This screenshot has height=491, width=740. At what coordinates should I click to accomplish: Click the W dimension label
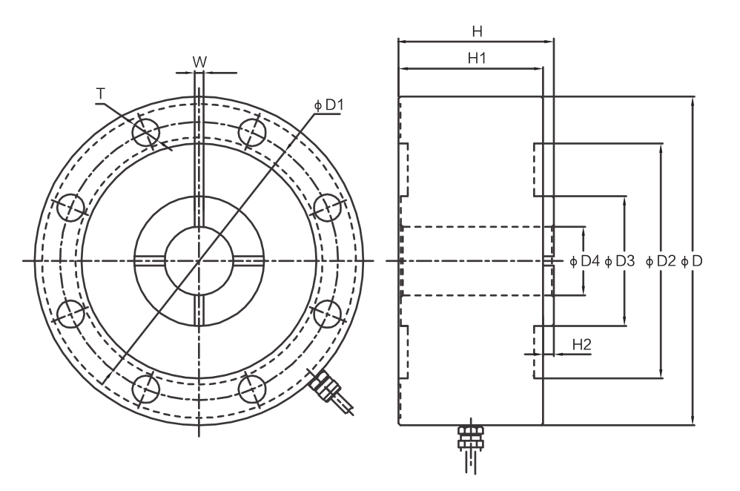click(x=199, y=62)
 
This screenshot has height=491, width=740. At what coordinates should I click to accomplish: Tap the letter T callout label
click(x=100, y=94)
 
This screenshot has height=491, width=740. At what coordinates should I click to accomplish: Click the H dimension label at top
click(x=477, y=32)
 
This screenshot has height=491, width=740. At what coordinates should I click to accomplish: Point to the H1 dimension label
click(x=477, y=58)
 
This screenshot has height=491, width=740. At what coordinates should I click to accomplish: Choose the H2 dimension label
click(x=581, y=344)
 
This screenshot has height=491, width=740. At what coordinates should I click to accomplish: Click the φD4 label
click(x=584, y=261)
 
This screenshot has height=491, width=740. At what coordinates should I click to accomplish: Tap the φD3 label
click(x=620, y=261)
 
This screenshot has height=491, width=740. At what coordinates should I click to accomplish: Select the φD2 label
click(x=661, y=261)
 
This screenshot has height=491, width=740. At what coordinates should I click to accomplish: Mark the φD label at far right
click(x=691, y=261)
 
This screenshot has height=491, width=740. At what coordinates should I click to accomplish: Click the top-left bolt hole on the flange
click(x=146, y=132)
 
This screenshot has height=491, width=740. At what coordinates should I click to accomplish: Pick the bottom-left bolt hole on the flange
click(x=146, y=389)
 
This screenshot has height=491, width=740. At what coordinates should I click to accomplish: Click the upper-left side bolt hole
click(x=70, y=208)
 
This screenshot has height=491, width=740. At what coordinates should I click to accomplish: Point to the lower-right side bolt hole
click(x=328, y=314)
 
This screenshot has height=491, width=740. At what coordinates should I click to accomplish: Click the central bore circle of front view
click(x=199, y=260)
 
